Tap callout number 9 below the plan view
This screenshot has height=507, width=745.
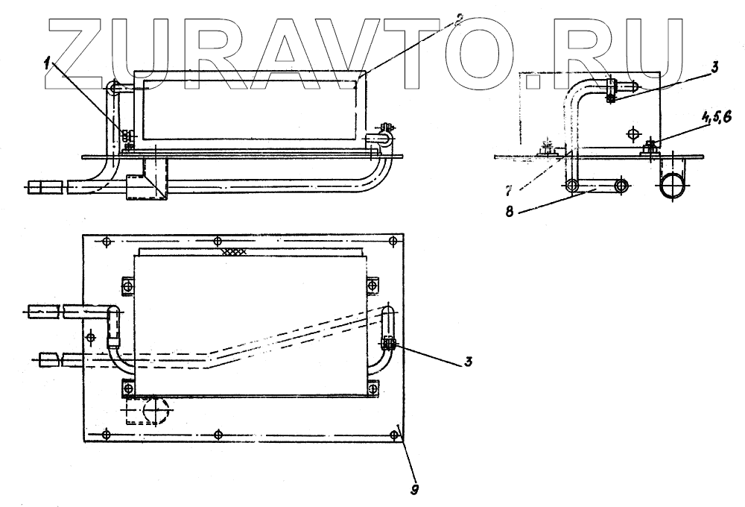click(x=416, y=490)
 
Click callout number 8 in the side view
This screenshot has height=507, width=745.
click(x=510, y=212)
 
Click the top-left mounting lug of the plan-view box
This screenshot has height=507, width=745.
click(x=125, y=286)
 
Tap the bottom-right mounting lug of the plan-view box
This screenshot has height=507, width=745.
click(x=373, y=388)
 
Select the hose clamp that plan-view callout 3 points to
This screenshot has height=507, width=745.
click(x=389, y=344)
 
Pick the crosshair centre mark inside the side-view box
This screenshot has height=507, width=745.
click(x=633, y=134)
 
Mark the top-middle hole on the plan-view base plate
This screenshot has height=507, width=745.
click(x=217, y=241)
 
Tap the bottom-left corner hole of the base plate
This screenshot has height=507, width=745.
click(x=106, y=434)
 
